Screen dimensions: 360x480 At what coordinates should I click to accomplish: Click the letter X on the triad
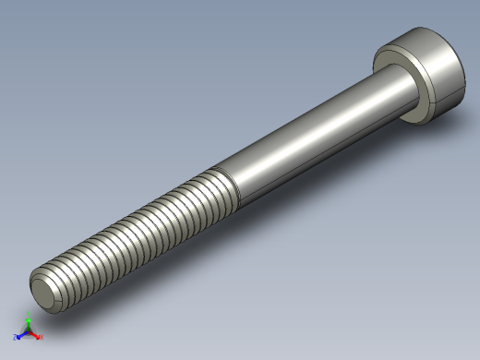click(42, 337)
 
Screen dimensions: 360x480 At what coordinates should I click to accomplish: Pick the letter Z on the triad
click(16, 338)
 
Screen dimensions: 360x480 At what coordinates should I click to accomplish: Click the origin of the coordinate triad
click(28, 331)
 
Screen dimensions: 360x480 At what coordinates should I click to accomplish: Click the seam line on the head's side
click(443, 97)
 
